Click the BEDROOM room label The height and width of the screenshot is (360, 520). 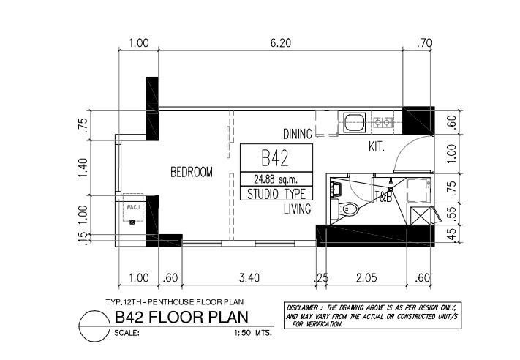191,173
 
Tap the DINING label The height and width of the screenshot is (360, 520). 298,134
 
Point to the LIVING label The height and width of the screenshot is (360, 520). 298,209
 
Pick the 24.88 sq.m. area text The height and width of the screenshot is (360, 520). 276,178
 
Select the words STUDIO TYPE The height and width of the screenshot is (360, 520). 276,194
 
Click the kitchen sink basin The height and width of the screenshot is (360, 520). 355,121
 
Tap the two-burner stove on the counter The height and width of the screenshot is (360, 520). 382,121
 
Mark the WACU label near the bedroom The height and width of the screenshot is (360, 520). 133,207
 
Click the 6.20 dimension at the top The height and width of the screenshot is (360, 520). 280,43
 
